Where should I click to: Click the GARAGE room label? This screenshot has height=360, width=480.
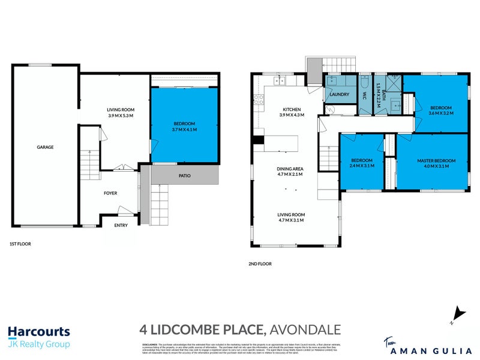point(45,146)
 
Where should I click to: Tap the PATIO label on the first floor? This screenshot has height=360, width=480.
point(184,176)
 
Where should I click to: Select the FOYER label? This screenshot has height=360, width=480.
point(110,193)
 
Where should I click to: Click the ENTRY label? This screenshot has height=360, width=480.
point(121,226)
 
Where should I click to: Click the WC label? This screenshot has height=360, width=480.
point(364,95)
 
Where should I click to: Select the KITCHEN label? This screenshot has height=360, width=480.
point(291,109)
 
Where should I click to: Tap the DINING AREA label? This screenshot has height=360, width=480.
point(290,169)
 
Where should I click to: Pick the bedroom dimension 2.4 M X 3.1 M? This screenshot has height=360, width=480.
point(362,166)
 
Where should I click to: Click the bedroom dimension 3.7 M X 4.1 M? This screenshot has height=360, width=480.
point(183,130)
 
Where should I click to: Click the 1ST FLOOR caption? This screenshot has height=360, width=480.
point(20,244)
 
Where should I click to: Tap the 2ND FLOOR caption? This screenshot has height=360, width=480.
point(259,263)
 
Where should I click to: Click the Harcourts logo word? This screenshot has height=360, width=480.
point(39,332)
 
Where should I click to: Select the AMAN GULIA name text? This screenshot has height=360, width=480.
point(436,345)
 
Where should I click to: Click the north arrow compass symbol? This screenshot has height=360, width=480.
point(458,314)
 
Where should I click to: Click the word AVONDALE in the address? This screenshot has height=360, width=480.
point(305,329)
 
